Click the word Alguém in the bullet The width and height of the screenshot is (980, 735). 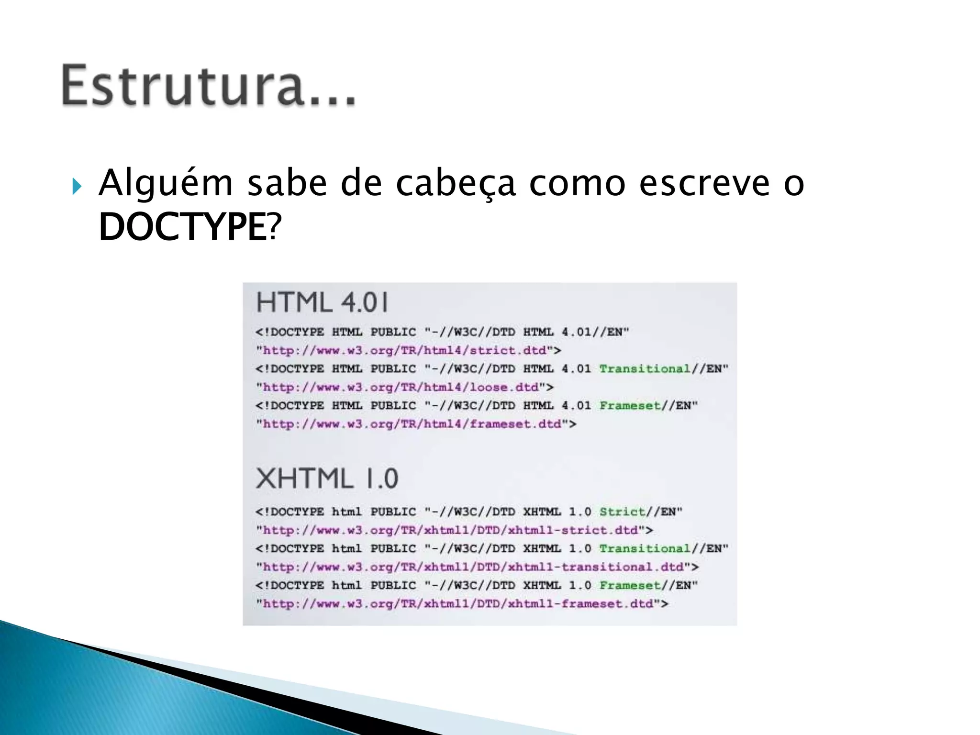point(166,184)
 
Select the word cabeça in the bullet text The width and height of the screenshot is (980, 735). point(456,184)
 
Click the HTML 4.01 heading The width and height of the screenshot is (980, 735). point(323,302)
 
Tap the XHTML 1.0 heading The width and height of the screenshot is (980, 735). point(327,478)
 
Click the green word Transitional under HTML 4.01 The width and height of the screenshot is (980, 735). point(645,369)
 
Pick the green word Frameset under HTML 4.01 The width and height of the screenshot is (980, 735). point(630,406)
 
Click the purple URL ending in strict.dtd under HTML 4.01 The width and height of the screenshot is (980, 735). point(405,351)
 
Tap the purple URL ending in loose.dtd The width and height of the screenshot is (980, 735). point(401,387)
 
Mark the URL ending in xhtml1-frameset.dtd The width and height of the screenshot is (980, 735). point(458,604)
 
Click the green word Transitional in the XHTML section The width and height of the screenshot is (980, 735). point(645,549)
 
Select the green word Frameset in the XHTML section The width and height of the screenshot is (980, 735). point(630,586)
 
